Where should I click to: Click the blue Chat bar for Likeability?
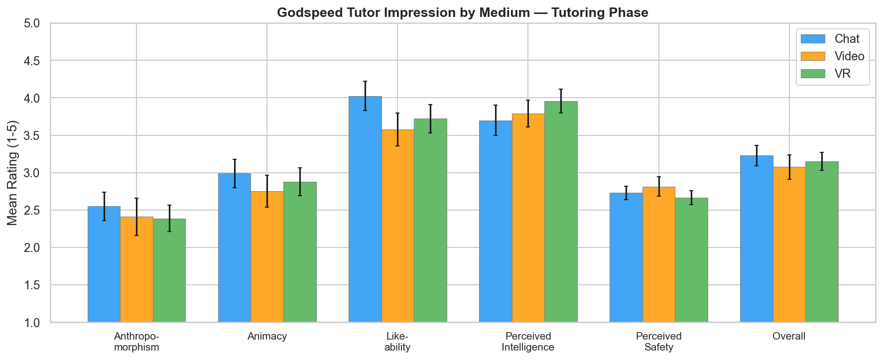click(x=365, y=209)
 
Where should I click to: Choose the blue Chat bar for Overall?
click(x=757, y=239)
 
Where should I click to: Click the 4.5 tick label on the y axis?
click(x=34, y=61)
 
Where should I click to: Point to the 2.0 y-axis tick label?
click(x=34, y=248)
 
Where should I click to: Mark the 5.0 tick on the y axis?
click(x=34, y=23)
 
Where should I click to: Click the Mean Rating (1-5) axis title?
click(x=12, y=173)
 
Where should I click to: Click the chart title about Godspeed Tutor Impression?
click(x=463, y=12)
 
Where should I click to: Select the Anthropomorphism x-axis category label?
click(x=136, y=342)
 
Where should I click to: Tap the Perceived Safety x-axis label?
click(x=658, y=342)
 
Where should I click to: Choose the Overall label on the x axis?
click(x=789, y=336)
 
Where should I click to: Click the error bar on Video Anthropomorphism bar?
click(x=137, y=217)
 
